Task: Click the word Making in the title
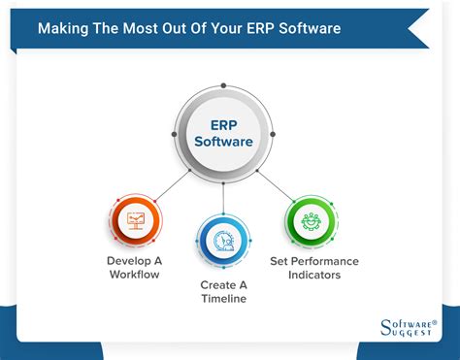pos(64,27)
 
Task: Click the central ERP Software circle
pos(223,134)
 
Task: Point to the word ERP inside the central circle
pos(223,124)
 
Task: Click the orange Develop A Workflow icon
pos(136,222)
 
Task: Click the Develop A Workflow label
pos(136,268)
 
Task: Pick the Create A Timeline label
pos(223,291)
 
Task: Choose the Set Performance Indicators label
pos(314,268)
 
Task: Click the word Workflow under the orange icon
pos(136,275)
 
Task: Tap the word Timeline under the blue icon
pos(223,298)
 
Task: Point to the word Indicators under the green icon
pos(314,275)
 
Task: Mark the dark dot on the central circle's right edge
pos(273,134)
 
